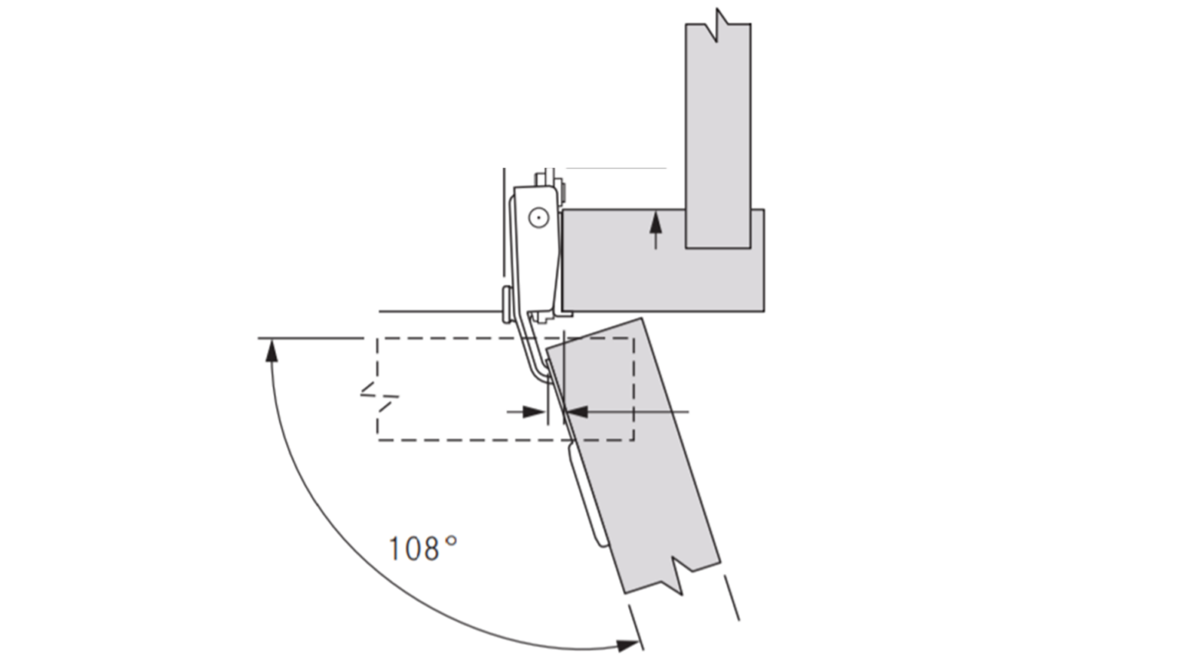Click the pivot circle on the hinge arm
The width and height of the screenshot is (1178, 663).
pyautogui.click(x=538, y=219)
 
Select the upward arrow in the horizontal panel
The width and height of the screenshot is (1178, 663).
pyautogui.click(x=656, y=229)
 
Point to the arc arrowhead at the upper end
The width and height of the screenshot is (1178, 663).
pyautogui.click(x=269, y=351)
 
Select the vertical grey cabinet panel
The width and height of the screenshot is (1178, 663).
pyautogui.click(x=718, y=130)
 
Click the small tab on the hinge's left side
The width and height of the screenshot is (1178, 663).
pyautogui.click(x=506, y=304)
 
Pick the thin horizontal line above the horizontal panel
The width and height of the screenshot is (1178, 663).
pyautogui.click(x=616, y=167)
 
